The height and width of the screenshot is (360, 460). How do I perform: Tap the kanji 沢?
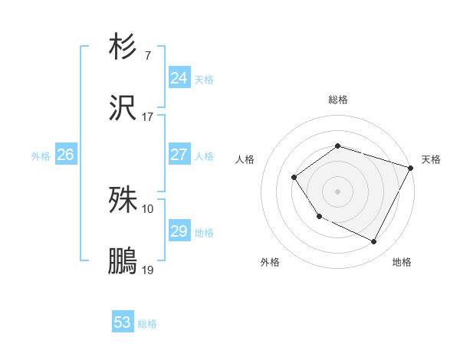123,107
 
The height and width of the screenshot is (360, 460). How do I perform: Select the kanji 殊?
123,201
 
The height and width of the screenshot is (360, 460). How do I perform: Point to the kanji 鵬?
123,260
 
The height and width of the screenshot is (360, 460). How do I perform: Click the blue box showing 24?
179,78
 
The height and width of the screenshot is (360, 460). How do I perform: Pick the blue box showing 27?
179,155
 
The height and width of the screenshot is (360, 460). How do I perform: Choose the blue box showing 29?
179,231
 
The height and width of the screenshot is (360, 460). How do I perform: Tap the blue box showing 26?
65,155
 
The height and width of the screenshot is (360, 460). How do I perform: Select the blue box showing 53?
122,322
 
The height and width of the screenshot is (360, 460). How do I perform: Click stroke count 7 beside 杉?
147,56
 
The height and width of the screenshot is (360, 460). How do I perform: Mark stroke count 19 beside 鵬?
147,270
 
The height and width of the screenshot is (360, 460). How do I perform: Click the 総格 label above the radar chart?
337,100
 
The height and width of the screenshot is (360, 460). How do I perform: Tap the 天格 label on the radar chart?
431,159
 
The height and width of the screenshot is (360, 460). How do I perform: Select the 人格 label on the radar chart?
245,159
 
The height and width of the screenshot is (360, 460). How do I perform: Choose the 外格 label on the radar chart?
270,262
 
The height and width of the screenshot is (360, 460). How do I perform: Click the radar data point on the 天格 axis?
412,168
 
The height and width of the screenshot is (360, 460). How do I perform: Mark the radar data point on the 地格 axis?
374,242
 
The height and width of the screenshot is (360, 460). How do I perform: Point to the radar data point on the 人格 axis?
294,178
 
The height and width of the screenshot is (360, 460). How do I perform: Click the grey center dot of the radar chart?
337,191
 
